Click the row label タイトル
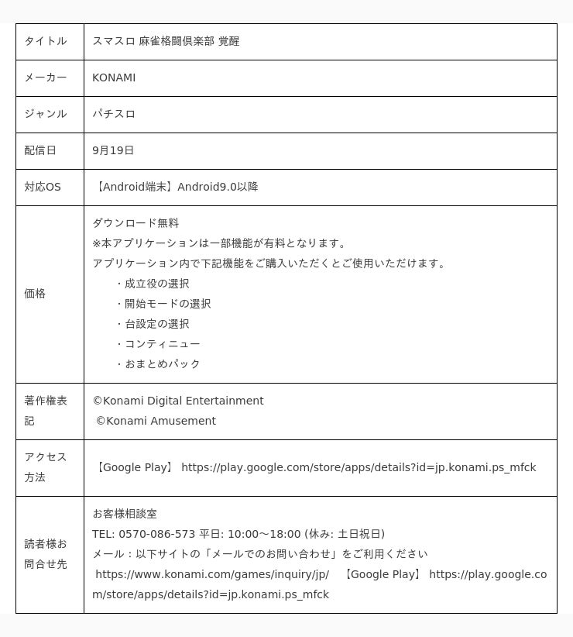click(45, 41)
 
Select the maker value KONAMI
click(114, 77)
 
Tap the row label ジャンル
click(45, 114)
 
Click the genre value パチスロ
click(114, 114)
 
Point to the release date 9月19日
click(113, 150)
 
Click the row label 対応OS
click(43, 187)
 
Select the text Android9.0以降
click(218, 187)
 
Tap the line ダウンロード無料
click(136, 223)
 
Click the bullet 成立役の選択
click(156, 284)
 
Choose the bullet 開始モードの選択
click(167, 304)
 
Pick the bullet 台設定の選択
click(156, 324)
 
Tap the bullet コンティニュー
click(162, 344)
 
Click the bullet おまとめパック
click(162, 364)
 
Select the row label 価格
click(35, 294)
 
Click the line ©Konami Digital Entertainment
click(178, 401)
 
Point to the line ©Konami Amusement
click(156, 421)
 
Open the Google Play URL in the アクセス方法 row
click(359, 467)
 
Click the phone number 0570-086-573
click(156, 534)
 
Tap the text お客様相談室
click(125, 514)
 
